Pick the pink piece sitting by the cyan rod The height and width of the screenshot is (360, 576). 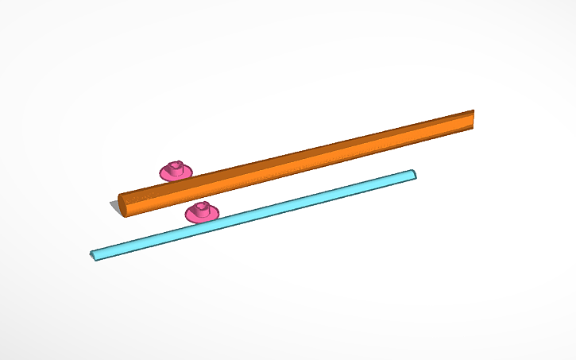coord(202,212)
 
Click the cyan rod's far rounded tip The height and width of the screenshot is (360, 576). coord(412,174)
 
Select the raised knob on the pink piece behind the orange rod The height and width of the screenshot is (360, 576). coord(176,167)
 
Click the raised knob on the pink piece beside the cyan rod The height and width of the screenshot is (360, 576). coord(202,209)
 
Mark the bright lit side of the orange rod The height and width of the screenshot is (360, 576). coord(302,165)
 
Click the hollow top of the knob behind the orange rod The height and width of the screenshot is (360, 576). coord(176,165)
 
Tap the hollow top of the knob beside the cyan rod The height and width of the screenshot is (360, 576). coord(202,207)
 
